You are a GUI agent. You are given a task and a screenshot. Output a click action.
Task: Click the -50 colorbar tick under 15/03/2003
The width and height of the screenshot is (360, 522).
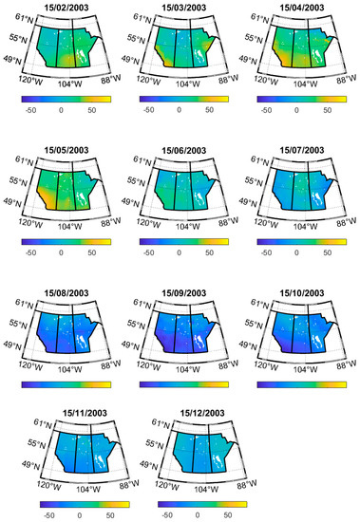pos(148,110)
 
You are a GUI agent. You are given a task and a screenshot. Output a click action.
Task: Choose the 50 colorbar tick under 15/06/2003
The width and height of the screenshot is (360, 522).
pos(210,253)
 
